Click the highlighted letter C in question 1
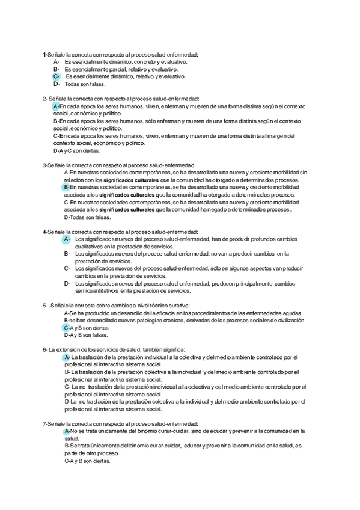(56, 76)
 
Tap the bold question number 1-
(45, 54)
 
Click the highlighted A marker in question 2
(56, 106)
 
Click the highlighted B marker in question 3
(67, 187)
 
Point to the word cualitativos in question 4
(91, 247)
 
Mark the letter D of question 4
(67, 283)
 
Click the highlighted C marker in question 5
(67, 328)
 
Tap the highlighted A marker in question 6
(67, 357)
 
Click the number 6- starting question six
(45, 349)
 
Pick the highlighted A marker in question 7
(67, 431)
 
